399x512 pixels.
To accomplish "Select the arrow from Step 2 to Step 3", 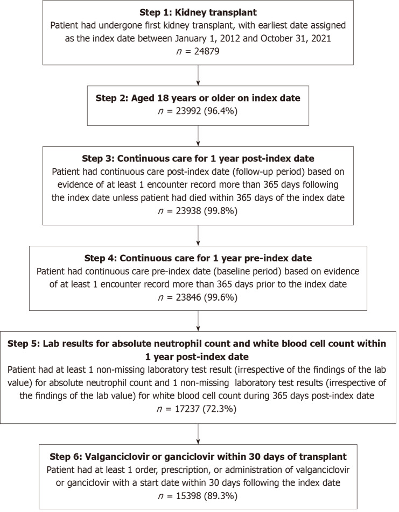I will tap(199, 135).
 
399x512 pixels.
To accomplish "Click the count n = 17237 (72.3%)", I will tap(199, 408).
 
